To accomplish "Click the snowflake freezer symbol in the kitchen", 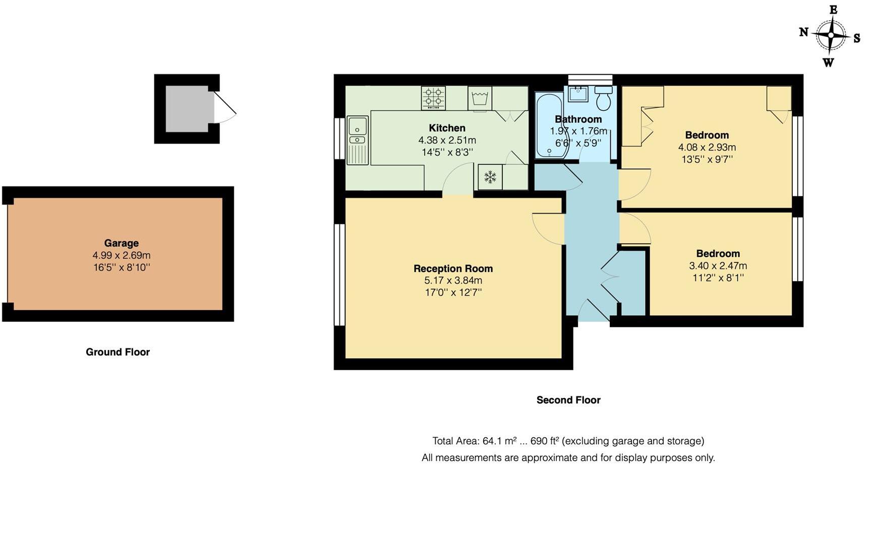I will coord(490,177).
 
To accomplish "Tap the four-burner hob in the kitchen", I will coord(433,98).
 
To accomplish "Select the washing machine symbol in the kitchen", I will coord(479,98).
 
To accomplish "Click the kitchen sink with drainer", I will coord(358,140).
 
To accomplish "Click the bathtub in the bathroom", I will coord(549,125).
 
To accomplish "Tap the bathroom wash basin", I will coord(578,94).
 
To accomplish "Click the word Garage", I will coord(121,243).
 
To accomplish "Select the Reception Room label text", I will coord(453,268).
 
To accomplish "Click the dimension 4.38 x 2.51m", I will coord(447,140).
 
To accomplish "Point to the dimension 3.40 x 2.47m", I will coord(718,265).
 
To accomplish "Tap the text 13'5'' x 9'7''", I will coord(707,159).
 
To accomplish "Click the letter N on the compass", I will coord(804,33).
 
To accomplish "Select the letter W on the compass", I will coord(828,62).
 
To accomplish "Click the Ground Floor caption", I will coord(118,352).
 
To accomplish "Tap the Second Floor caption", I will coord(568,400).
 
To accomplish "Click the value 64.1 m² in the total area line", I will coord(499,441).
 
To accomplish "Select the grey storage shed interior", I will coord(187,109).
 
